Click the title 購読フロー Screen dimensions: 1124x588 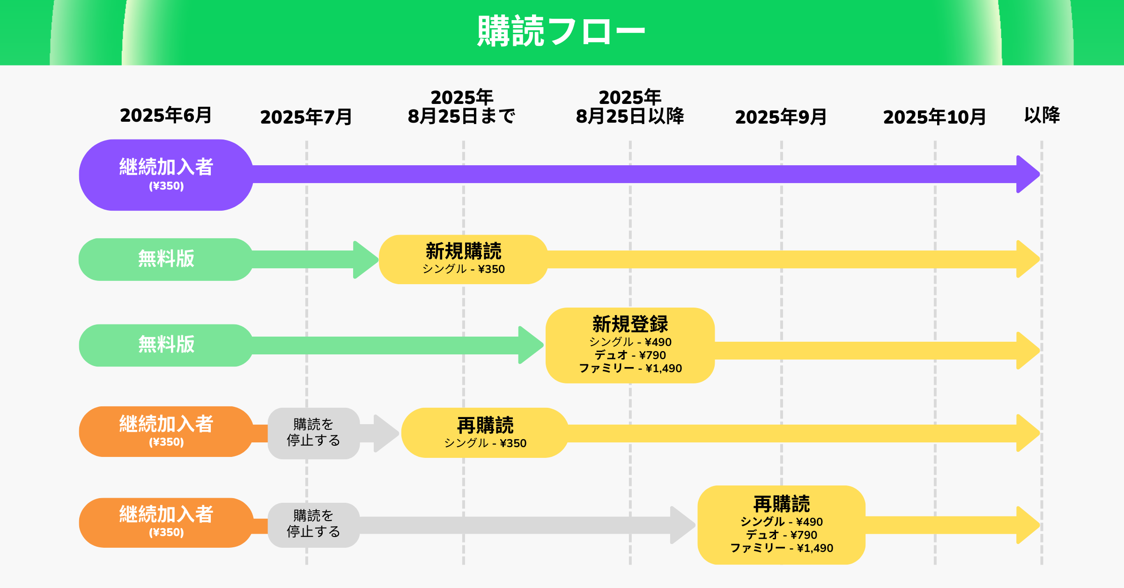(561, 31)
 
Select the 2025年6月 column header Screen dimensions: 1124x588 (166, 115)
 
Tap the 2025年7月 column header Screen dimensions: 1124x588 (306, 117)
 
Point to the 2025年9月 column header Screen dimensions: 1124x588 (781, 117)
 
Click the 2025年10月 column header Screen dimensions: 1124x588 (934, 117)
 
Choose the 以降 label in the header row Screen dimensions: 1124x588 (1042, 115)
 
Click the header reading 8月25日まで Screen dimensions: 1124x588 (461, 116)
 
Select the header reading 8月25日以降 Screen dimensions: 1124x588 (630, 116)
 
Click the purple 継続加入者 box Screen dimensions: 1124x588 (166, 175)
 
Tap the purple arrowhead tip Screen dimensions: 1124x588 (1040, 174)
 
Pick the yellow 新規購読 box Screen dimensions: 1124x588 (463, 259)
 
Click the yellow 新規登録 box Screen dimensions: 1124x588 (630, 345)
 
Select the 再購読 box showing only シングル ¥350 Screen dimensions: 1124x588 (485, 433)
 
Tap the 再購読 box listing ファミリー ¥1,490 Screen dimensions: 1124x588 (781, 525)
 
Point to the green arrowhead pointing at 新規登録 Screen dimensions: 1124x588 (531, 345)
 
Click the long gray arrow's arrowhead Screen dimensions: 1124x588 (683, 525)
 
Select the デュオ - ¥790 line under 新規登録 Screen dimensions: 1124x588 (630, 355)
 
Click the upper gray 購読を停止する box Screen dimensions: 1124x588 (314, 433)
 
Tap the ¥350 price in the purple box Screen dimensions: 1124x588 (166, 186)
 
